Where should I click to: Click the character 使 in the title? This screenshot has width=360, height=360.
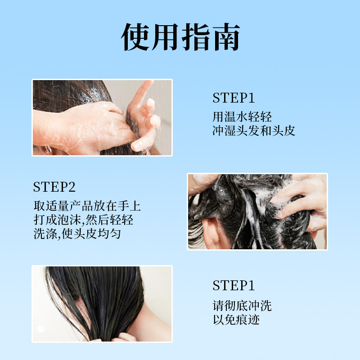[135, 37]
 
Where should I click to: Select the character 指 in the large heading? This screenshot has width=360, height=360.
[196, 37]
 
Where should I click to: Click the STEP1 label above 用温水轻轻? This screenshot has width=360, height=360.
[234, 98]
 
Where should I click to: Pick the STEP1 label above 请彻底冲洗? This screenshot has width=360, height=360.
[234, 285]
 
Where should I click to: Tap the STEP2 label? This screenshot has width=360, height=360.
[54, 187]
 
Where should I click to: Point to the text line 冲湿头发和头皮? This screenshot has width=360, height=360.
[254, 130]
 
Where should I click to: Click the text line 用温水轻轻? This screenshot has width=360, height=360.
[242, 117]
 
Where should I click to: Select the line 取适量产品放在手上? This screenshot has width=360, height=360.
[87, 206]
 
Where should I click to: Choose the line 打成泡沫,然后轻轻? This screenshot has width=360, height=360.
[83, 220]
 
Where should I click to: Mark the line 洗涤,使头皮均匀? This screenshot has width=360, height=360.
[77, 234]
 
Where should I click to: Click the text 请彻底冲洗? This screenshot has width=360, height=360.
[242, 306]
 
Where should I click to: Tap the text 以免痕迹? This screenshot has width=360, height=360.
[236, 319]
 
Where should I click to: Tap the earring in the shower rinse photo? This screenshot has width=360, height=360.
[48, 150]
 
